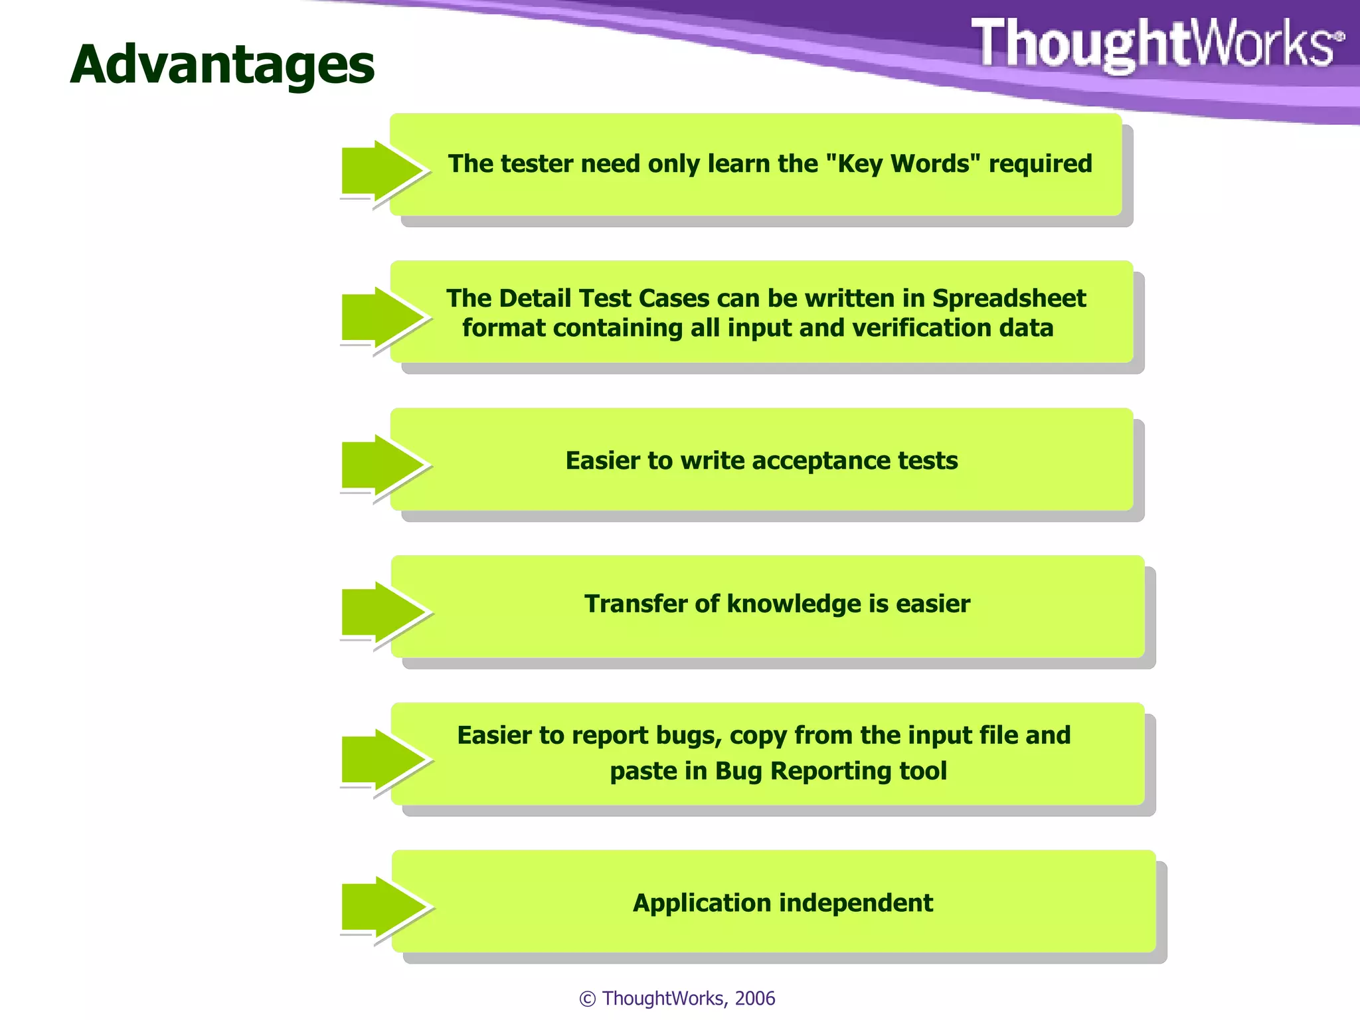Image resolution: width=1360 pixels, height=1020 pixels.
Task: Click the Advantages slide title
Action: pyautogui.click(x=222, y=65)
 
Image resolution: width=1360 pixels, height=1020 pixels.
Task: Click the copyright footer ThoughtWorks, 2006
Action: pyautogui.click(x=677, y=998)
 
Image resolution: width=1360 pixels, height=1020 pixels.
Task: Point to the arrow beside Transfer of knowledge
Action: pyautogui.click(x=382, y=612)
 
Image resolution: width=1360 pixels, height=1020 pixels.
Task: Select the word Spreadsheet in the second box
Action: pyautogui.click(x=1009, y=298)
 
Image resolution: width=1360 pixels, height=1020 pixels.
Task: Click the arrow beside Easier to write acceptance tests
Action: pyautogui.click(x=382, y=465)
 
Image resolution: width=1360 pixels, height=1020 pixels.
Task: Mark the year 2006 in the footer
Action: pyautogui.click(x=755, y=998)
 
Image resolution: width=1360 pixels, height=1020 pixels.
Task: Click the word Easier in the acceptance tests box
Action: pyautogui.click(x=602, y=460)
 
